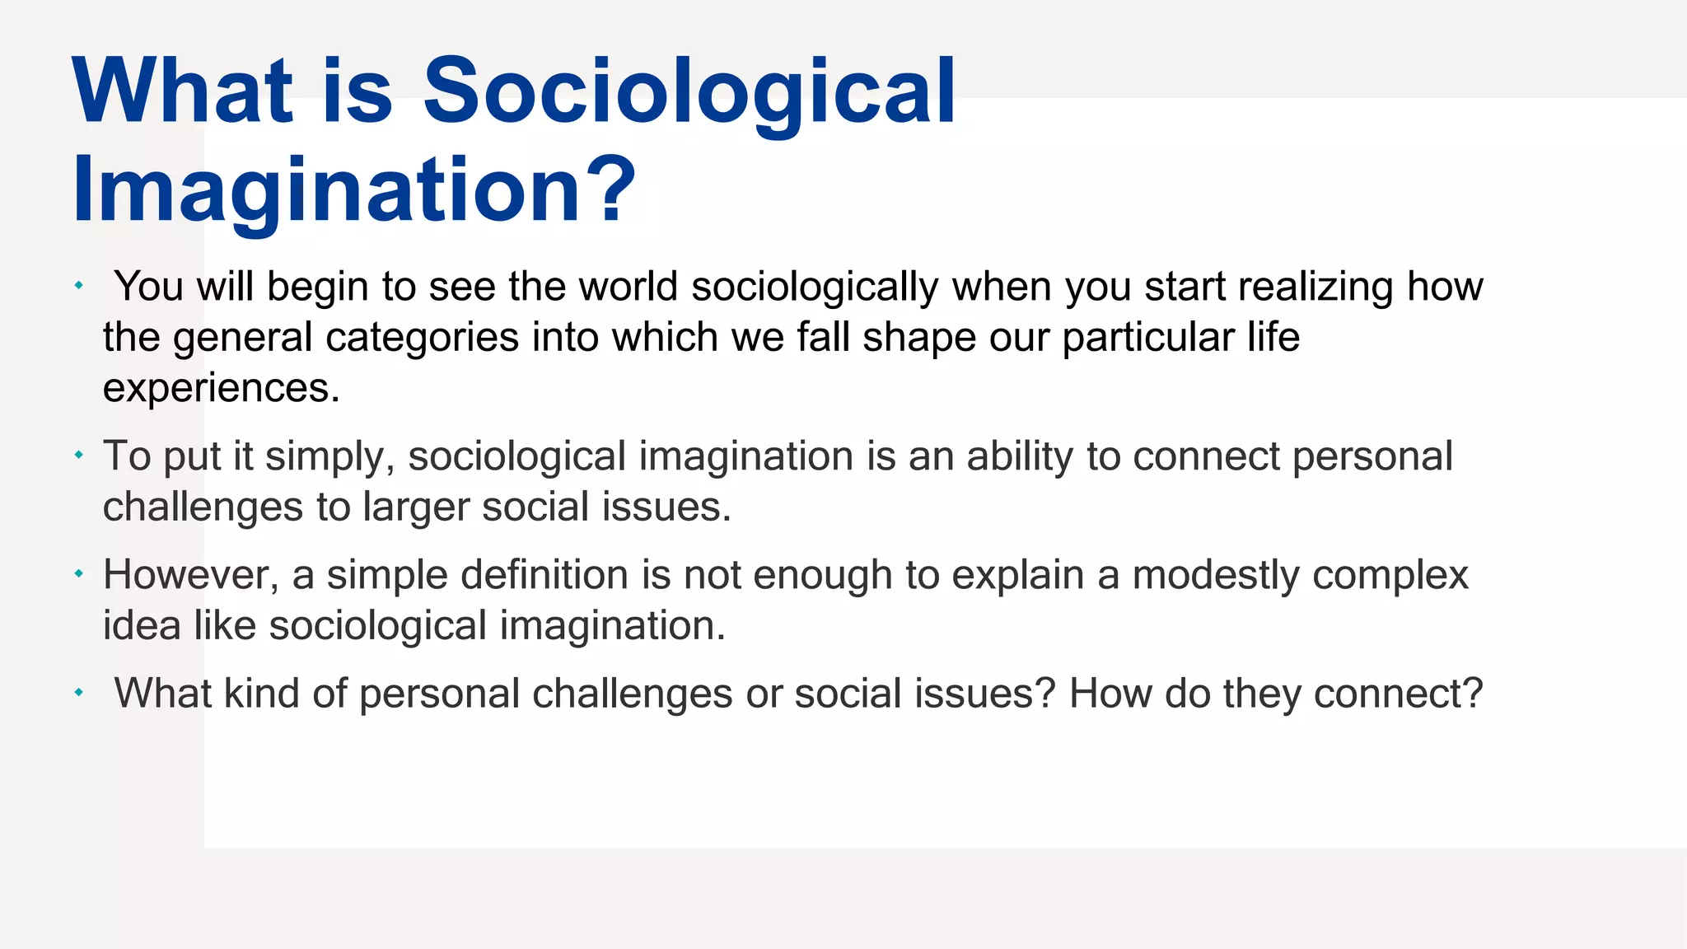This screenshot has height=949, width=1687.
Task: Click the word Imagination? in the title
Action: point(354,191)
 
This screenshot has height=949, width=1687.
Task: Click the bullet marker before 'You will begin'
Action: point(79,286)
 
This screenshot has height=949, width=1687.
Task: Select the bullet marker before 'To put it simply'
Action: point(79,455)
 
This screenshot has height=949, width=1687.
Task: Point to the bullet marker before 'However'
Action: point(79,573)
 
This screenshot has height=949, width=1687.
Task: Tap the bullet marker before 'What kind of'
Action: point(79,693)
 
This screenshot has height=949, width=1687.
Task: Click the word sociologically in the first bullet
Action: point(814,288)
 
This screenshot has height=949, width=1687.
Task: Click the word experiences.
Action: point(221,388)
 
